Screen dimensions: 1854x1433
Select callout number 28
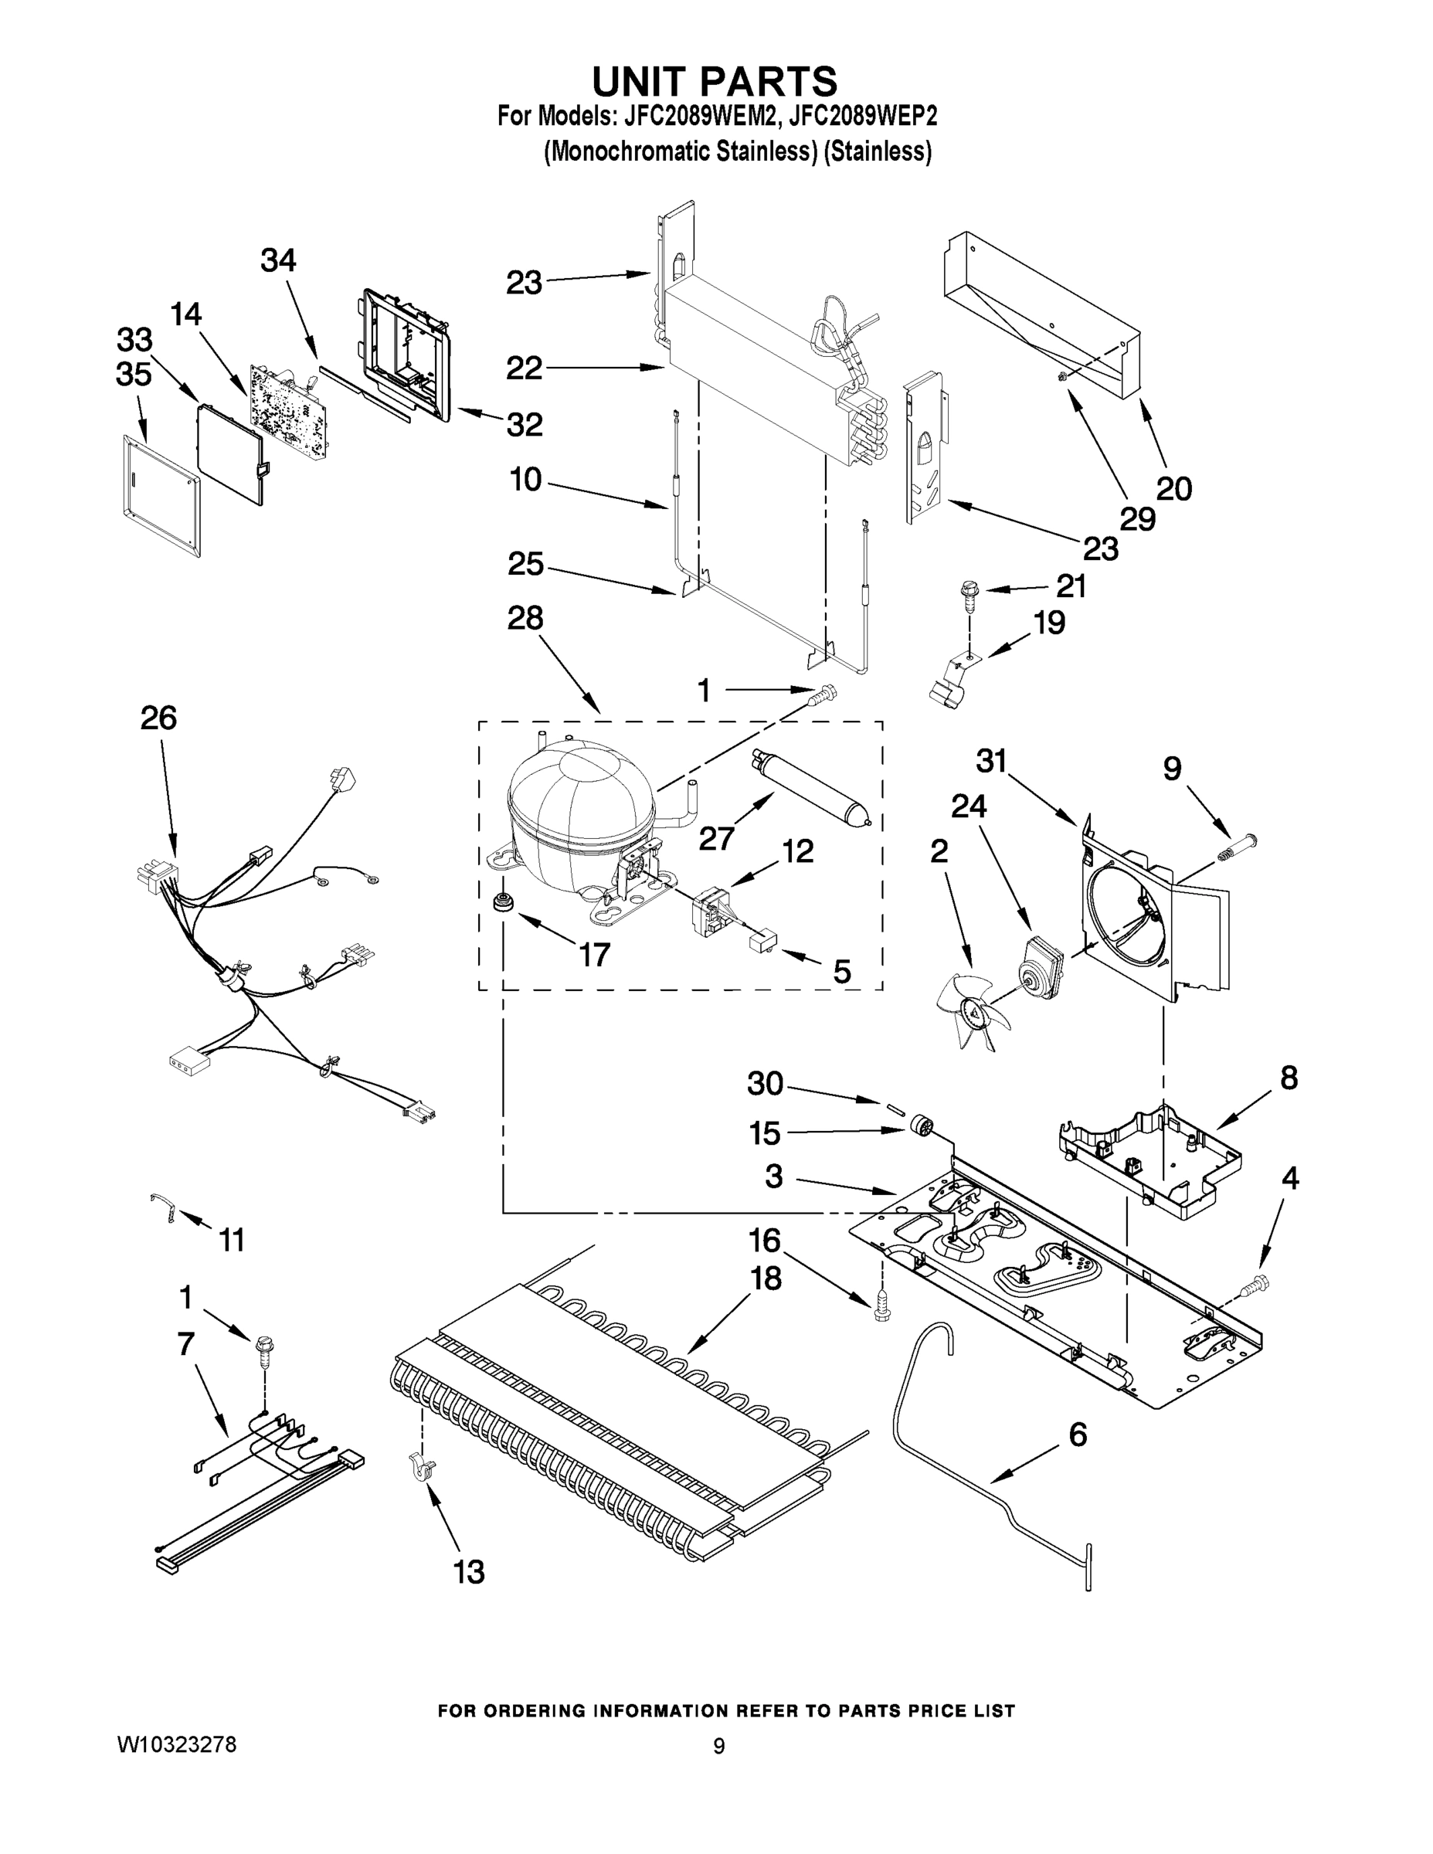tap(525, 618)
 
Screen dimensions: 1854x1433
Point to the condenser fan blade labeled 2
tap(973, 1011)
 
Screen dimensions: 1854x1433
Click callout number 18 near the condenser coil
tap(766, 1278)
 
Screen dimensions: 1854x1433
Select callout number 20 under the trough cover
tap(1174, 488)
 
